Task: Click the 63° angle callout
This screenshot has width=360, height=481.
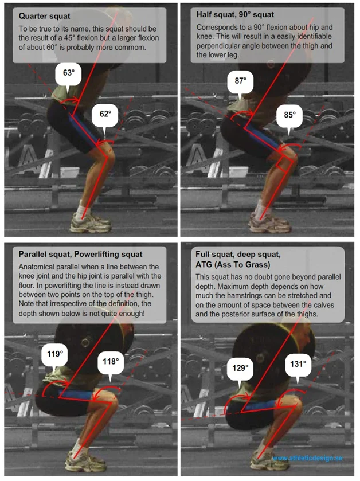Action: tap(68, 74)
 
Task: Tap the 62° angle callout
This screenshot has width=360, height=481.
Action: tap(105, 115)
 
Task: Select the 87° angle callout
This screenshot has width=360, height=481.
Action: tap(240, 81)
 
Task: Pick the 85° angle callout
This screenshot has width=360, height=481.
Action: tap(290, 116)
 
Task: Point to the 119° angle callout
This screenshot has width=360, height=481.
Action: tap(55, 355)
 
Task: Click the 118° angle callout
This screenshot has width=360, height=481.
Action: tap(111, 362)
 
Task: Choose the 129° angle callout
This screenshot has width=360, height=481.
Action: tap(240, 369)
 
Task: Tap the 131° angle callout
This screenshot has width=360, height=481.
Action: tap(298, 365)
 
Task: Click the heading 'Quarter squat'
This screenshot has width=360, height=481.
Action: tap(45, 16)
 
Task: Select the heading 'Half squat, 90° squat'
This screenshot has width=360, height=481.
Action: tap(235, 15)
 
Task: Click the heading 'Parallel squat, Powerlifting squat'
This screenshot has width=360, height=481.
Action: tap(80, 255)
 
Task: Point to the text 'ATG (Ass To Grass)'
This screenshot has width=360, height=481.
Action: tap(233, 264)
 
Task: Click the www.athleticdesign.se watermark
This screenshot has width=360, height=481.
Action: tap(307, 458)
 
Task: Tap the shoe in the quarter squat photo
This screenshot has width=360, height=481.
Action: tap(90, 223)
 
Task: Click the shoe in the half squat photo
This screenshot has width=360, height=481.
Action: tap(269, 224)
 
